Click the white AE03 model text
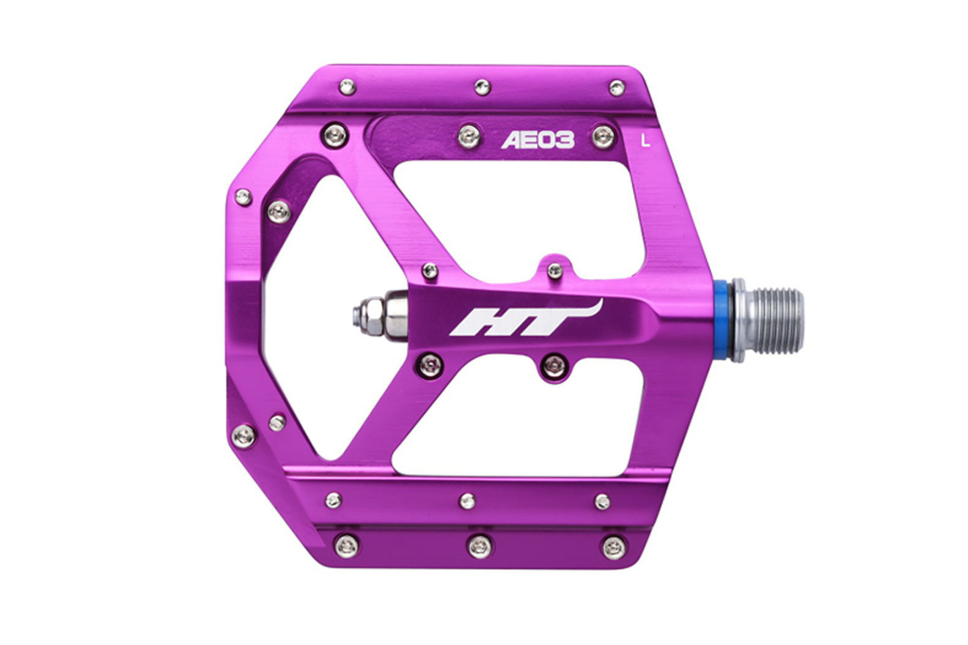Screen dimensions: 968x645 (x=538, y=139)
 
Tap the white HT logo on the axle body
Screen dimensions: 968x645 (x=526, y=318)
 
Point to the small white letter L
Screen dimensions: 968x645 (x=646, y=141)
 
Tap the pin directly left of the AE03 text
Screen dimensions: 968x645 (x=469, y=136)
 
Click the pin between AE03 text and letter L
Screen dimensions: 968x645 (x=604, y=136)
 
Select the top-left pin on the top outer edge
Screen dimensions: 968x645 (x=348, y=86)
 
